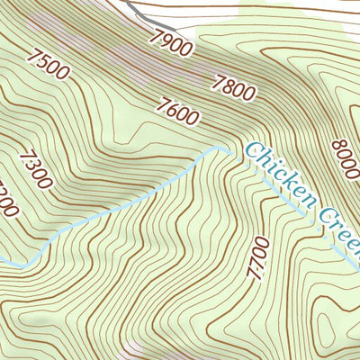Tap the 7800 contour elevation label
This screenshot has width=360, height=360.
click(x=232, y=85)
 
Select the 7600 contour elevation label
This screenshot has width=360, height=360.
click(x=176, y=112)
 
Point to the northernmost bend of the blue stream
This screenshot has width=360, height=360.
click(x=220, y=147)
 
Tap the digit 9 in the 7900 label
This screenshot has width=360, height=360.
click(x=163, y=38)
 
